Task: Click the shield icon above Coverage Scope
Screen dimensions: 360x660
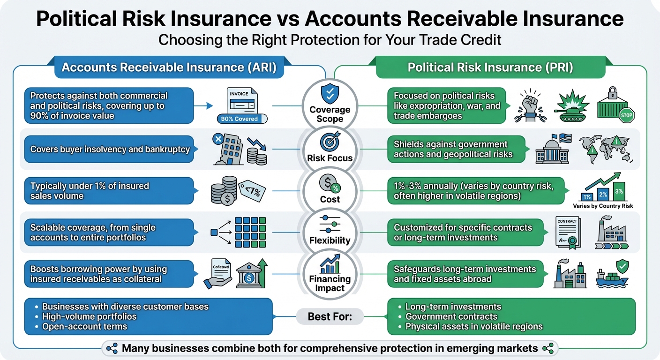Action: (x=330, y=93)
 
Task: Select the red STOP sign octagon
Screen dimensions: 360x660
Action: (x=626, y=115)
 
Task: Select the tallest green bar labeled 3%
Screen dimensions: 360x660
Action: (x=619, y=192)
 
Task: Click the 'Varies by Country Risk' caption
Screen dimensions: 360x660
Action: (x=603, y=206)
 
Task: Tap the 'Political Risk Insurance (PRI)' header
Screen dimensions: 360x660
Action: (x=490, y=67)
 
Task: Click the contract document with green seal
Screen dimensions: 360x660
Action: (x=568, y=231)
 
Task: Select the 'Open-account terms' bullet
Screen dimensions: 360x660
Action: (x=84, y=326)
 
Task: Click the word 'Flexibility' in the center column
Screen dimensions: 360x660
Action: (x=330, y=240)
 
